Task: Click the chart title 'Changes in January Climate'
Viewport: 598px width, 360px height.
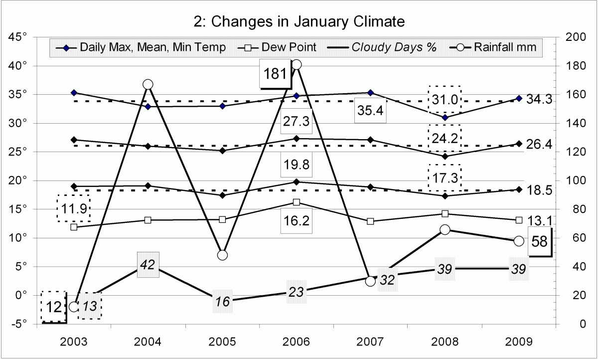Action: pyautogui.click(x=299, y=22)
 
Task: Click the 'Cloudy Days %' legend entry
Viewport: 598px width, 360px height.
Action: pyautogui.click(x=394, y=47)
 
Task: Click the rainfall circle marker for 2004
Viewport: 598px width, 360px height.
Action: pyautogui.click(x=148, y=84)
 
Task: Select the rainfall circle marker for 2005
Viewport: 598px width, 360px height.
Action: pyautogui.click(x=223, y=255)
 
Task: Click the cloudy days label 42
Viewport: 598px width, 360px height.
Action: pyautogui.click(x=148, y=265)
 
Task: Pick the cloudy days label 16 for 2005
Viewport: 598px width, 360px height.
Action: pyautogui.click(x=223, y=301)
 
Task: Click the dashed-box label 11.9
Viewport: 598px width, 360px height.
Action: pyautogui.click(x=73, y=208)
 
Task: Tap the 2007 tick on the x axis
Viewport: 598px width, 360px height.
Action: pyautogui.click(x=370, y=342)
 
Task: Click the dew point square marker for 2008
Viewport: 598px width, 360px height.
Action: pyautogui.click(x=445, y=214)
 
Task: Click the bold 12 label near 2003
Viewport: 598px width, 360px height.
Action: pyautogui.click(x=53, y=306)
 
